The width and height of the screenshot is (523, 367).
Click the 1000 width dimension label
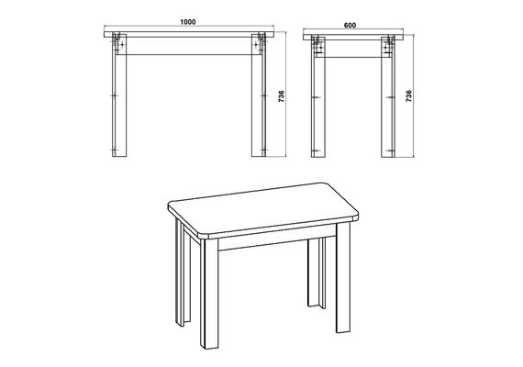[188, 22]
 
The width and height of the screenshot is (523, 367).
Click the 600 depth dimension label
[350, 26]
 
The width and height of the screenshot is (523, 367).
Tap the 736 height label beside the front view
[282, 96]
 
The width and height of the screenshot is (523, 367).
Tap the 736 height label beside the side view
[409, 96]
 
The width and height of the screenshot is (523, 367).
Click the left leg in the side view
[317, 96]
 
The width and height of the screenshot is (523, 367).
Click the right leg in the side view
[388, 96]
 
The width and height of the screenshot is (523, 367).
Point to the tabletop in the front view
[189, 34]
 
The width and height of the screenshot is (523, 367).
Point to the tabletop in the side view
[353, 37]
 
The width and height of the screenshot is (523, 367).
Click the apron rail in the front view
[189, 46]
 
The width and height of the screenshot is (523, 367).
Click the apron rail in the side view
[353, 49]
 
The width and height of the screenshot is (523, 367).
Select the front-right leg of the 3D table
[343, 278]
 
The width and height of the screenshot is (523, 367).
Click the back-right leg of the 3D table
[317, 272]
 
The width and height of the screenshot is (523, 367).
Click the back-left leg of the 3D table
[183, 272]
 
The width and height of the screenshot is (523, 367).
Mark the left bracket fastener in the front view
[117, 43]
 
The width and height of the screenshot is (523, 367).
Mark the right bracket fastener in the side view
[389, 46]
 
